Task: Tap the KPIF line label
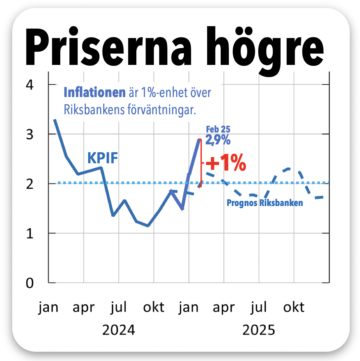(x=103, y=158)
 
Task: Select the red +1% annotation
(x=226, y=163)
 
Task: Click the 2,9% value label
(x=218, y=139)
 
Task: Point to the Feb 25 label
(x=218, y=129)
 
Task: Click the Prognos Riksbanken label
(x=265, y=203)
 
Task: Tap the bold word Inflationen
(x=95, y=93)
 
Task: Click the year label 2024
(x=118, y=330)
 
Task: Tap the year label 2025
(x=259, y=330)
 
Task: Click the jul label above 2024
(x=119, y=307)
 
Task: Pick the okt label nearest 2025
(x=294, y=307)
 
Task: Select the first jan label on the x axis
(x=48, y=307)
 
